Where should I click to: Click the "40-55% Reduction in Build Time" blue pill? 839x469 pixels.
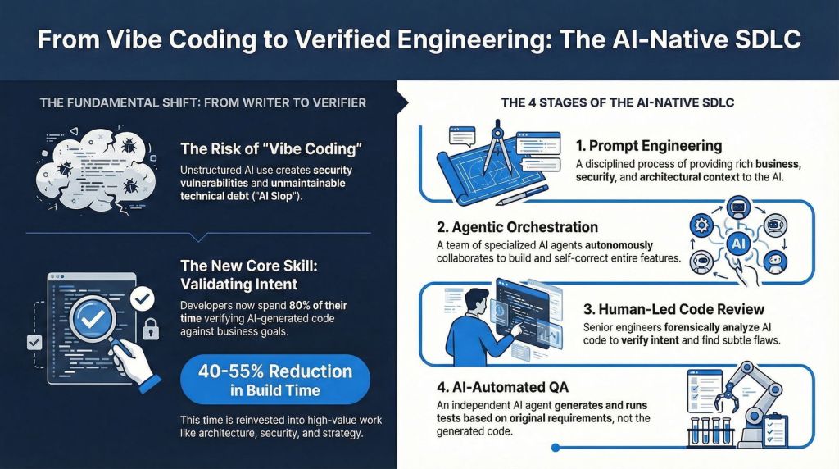coord(275,380)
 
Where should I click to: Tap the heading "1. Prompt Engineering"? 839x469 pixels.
coord(649,146)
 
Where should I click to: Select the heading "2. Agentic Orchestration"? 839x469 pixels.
coord(517,227)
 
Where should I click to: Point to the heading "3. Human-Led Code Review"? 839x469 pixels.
coord(673,309)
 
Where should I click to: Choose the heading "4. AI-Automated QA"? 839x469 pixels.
coord(502,387)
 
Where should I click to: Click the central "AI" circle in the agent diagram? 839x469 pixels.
coord(738,244)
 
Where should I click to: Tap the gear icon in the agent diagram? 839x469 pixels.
coord(701,225)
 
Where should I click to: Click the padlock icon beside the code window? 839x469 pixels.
coord(151,330)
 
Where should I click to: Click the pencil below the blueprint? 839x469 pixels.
coord(522,195)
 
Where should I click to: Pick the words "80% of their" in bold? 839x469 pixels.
coord(318,306)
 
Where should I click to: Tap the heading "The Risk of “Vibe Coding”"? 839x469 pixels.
coord(271,148)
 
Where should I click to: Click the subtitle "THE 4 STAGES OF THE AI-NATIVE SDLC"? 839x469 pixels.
coord(618,102)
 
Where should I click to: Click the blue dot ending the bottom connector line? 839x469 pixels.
coord(556,447)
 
